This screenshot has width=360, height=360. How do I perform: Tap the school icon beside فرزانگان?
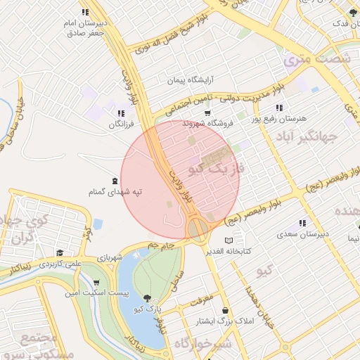121,113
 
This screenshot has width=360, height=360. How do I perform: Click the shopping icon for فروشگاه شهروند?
207,112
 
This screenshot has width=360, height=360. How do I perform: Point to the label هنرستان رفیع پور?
278,120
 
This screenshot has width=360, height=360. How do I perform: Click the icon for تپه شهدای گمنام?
115,181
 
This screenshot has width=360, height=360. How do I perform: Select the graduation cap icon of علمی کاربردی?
60,253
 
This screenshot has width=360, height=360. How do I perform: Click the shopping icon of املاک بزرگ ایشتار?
225,310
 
